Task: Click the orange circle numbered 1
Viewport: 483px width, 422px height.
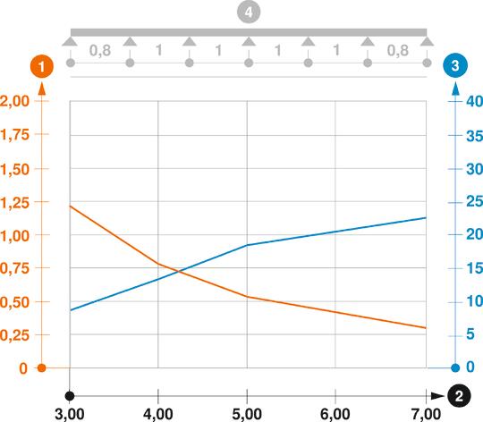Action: [x=41, y=65]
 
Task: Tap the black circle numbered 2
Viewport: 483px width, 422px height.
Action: [x=458, y=395]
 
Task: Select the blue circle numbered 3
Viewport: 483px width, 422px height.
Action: [x=455, y=65]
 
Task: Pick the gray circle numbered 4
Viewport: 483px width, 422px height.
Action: [x=248, y=13]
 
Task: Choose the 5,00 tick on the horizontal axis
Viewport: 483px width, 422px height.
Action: [x=247, y=413]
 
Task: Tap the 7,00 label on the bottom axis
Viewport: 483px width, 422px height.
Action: [x=426, y=413]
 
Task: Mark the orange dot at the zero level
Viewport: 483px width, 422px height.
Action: [x=41, y=367]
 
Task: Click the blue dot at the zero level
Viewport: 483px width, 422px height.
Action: [x=455, y=367]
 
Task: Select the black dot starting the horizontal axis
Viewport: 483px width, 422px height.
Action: [x=69, y=395]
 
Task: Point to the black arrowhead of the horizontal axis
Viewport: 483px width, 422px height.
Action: [x=437, y=395]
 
